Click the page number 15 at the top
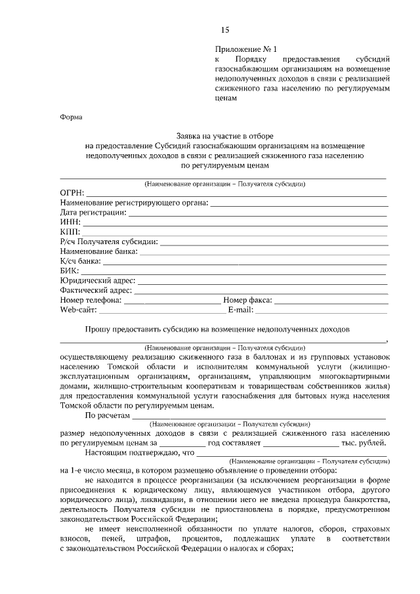225,30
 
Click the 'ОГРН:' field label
72,192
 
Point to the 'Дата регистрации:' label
92,212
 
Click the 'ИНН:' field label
70,222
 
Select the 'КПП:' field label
70,232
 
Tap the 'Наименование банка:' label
98,251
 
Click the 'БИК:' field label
70,270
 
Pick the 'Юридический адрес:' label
96,280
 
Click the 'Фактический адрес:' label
96,290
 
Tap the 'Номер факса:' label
247,300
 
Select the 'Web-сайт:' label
78,309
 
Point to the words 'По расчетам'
108,415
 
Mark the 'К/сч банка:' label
80,261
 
